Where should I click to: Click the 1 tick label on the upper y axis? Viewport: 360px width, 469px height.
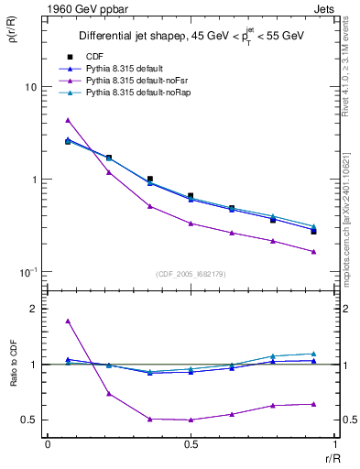coord(34,180)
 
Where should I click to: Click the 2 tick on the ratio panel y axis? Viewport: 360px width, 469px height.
coord(34,309)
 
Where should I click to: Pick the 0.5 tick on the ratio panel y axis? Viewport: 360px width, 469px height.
coord(30,420)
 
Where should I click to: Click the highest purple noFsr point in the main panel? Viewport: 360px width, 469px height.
coord(68,120)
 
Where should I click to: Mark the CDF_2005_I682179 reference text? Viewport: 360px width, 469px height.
coord(190,274)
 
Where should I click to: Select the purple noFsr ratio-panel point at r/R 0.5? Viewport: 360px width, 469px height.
coord(191,420)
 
